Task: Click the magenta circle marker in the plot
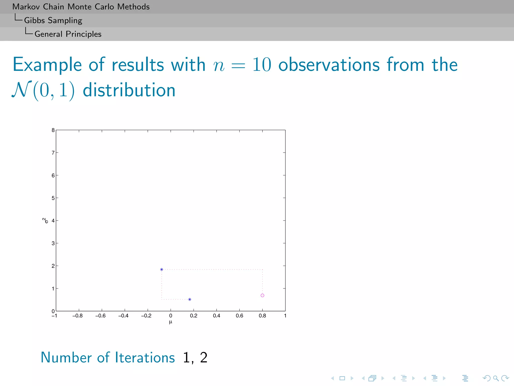[262, 295]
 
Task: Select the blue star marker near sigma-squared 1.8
[162, 269]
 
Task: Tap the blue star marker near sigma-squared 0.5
[190, 299]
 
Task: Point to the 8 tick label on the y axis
[53, 130]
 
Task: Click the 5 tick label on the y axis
[53, 198]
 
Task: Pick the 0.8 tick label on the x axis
[262, 316]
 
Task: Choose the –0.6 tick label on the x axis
[100, 316]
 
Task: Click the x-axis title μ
[171, 322]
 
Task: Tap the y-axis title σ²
[45, 220]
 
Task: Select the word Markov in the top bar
[26, 7]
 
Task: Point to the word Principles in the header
[84, 34]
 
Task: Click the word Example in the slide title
[47, 65]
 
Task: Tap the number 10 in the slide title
[262, 65]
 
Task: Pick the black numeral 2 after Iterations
[204, 357]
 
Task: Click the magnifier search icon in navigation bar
[496, 378]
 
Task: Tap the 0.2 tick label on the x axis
[194, 316]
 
